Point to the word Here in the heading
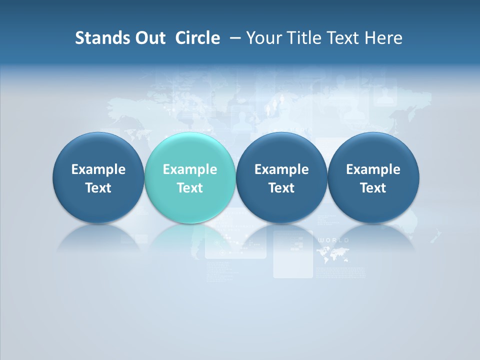[x=383, y=38]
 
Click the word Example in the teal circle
[x=190, y=169]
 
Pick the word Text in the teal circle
[x=190, y=188]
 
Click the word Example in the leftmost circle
[x=98, y=169]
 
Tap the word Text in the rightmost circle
[x=373, y=188]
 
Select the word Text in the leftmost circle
[x=98, y=188]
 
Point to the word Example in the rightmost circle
[x=373, y=169]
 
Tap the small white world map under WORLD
[x=332, y=255]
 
